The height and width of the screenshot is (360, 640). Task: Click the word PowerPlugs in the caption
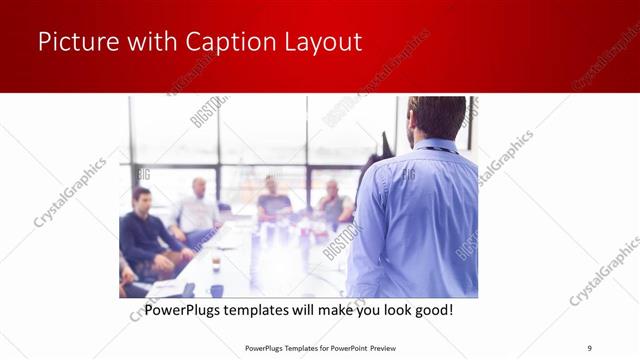click(x=185, y=311)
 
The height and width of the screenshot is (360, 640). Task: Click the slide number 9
click(x=589, y=348)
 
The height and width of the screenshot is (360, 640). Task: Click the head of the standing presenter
click(x=436, y=117)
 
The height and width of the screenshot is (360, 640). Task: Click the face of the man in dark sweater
click(x=142, y=198)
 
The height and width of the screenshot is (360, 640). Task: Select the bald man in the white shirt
click(x=199, y=208)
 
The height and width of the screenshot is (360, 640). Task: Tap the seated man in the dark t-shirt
click(x=273, y=200)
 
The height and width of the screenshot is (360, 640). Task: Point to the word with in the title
click(x=149, y=42)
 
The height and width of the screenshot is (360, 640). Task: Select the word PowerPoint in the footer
click(x=345, y=348)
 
